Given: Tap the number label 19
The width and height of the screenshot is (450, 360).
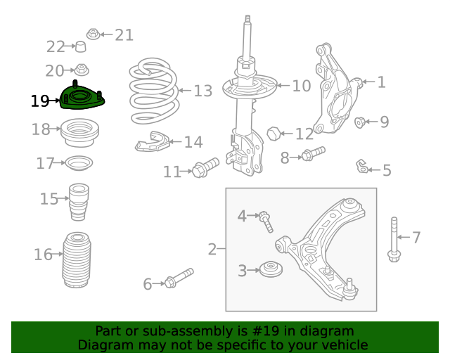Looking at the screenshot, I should coord(40,101).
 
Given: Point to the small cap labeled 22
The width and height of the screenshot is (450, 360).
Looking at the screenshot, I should coord(81,47).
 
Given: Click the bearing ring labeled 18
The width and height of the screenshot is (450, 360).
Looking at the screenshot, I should coord(81,133).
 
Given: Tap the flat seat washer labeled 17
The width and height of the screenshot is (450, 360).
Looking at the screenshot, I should coord(79,164).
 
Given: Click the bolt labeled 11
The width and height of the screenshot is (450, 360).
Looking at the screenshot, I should coord(205,168).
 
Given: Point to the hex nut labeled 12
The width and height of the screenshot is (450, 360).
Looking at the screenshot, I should coord(275,132).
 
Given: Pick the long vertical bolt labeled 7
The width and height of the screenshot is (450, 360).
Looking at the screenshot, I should coord(393,239).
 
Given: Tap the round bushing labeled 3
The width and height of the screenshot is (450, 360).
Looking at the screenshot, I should coord(269,269).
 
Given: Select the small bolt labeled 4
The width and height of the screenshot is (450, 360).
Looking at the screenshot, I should coord(266,220).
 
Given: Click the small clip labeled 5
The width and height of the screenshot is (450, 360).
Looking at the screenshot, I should coord(361,167).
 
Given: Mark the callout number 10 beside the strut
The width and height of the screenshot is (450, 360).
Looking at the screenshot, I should coord(301,86).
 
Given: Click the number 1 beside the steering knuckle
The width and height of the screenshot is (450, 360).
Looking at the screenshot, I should coord(381,82).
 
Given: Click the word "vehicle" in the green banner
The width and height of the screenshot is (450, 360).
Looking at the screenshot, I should coord(342,345).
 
